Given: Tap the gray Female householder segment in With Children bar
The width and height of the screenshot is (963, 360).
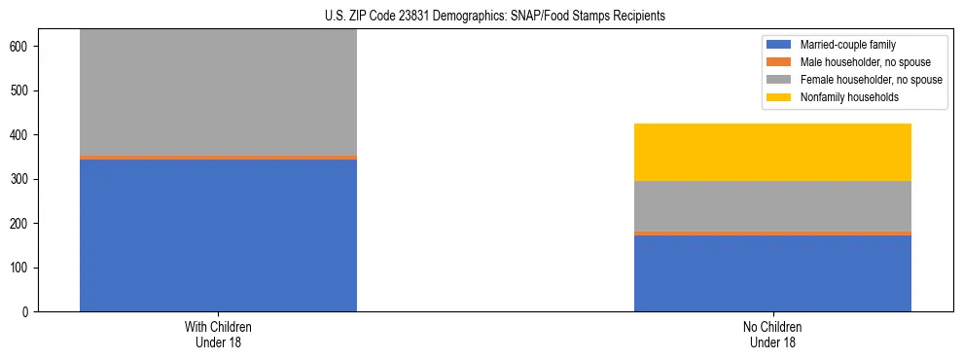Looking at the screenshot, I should click(x=218, y=92).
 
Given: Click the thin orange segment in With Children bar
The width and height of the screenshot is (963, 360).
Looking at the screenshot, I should click(x=218, y=157).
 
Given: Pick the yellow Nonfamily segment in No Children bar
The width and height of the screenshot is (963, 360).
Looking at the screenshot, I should click(x=772, y=152).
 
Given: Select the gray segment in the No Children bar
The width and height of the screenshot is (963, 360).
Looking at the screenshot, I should click(x=772, y=206).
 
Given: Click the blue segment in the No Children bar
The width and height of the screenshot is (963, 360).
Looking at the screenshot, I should click(x=772, y=273).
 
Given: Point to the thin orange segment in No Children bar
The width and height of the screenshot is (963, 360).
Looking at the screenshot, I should click(x=772, y=234).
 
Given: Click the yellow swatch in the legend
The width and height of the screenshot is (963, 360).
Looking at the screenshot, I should click(x=779, y=97).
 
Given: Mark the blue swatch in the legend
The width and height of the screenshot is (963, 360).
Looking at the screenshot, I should click(x=779, y=45).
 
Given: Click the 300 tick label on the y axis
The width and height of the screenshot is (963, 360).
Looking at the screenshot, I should click(x=21, y=179).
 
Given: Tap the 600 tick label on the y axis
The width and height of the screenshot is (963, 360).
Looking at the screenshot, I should click(x=21, y=47).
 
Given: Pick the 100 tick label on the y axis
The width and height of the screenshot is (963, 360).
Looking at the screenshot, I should click(x=21, y=268).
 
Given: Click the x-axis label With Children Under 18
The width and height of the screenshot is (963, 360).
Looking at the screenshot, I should click(x=218, y=334).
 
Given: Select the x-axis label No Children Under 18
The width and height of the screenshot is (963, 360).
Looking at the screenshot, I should click(x=772, y=334).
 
